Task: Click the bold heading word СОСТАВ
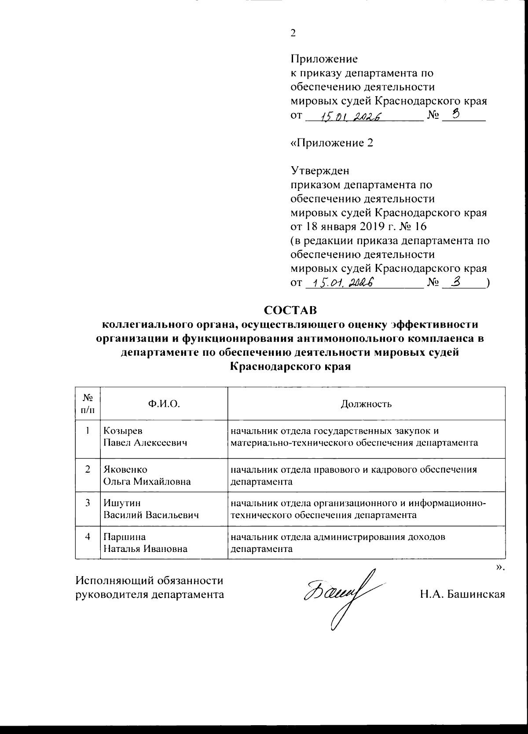tap(290, 310)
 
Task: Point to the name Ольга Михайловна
tap(147, 482)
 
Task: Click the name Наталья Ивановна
tap(145, 549)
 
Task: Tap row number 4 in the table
tap(88, 537)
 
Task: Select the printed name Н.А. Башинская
tap(462, 595)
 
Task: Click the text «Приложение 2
tap(332, 143)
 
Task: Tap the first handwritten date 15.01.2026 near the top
tap(350, 117)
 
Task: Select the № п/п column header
tap(88, 404)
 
